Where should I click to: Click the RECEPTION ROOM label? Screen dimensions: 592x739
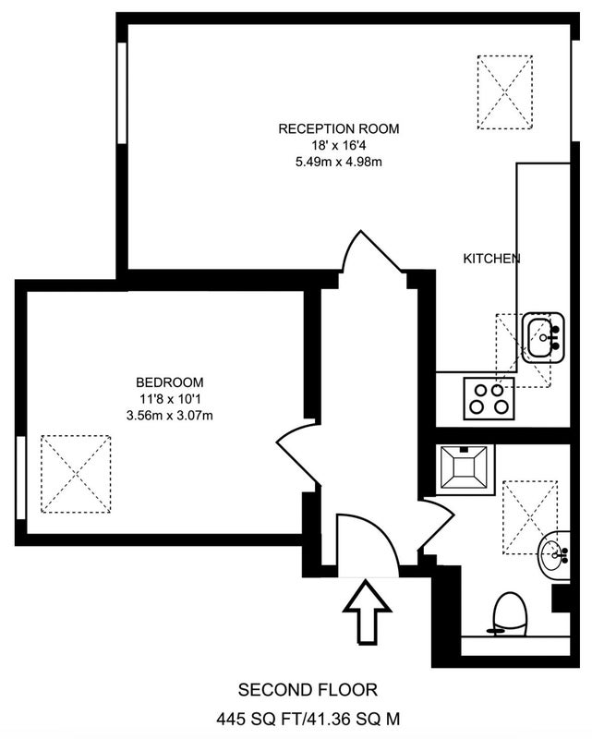[x=338, y=128]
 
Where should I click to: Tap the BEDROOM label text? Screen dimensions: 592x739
[x=170, y=382]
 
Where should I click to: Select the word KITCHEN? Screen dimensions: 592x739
[x=491, y=259]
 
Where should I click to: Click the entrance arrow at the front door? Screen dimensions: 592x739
[x=367, y=612]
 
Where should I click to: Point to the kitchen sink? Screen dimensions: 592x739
[x=543, y=337]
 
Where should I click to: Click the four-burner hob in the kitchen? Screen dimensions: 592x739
[x=489, y=399]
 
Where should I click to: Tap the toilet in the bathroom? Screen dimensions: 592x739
[x=509, y=614]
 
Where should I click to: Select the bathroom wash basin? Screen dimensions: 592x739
[x=554, y=555]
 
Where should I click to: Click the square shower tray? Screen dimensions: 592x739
[x=465, y=469]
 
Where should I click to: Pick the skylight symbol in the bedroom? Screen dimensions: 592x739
[x=76, y=474]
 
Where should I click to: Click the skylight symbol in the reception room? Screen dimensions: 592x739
[x=505, y=92]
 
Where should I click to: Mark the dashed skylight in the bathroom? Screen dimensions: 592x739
[x=530, y=516]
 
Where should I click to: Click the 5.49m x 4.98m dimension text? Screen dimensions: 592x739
[x=338, y=163]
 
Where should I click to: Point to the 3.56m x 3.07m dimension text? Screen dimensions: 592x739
[x=170, y=416]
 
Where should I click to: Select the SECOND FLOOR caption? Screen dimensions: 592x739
[x=308, y=690]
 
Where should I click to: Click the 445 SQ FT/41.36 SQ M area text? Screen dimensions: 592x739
[x=308, y=720]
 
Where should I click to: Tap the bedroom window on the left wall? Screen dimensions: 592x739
[x=20, y=478]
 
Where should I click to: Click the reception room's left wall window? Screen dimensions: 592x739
[x=122, y=93]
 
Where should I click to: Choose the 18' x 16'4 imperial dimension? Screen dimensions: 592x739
[x=338, y=145]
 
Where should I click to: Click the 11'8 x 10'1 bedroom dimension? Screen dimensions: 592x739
[x=170, y=399]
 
